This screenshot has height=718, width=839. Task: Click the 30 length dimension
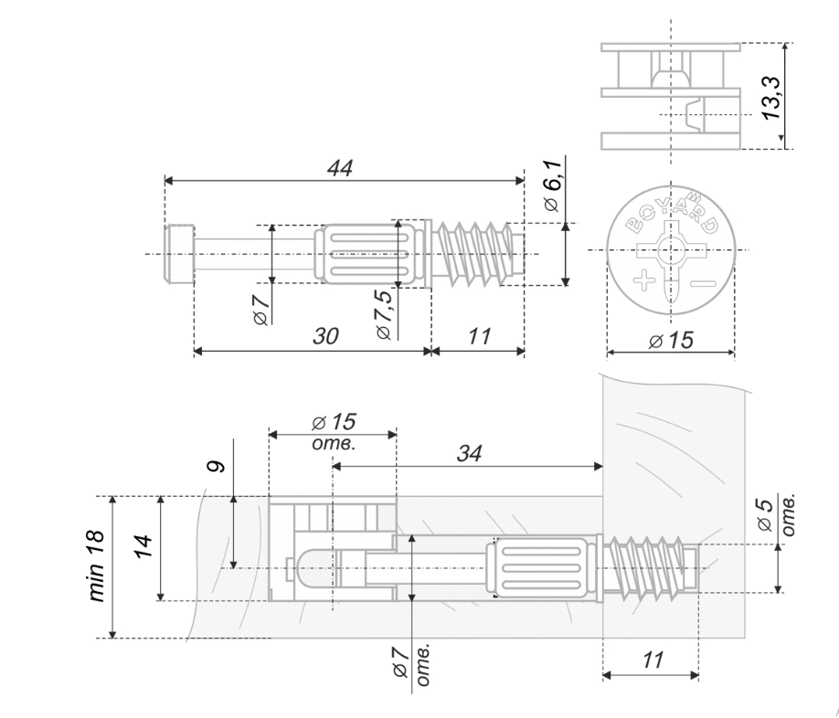coord(322,336)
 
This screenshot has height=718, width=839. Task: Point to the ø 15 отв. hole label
coord(333,430)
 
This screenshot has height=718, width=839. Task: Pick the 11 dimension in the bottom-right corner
coord(652,660)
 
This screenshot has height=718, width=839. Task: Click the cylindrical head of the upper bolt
coord(178,254)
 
